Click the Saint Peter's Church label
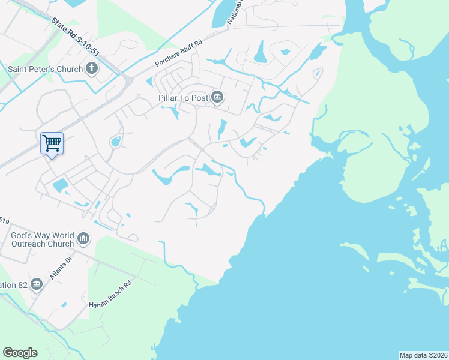45,69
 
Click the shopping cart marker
52,143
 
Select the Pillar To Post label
184,97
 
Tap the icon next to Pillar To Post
217,97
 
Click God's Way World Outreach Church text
42,240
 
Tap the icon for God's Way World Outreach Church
83,239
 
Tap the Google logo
20,353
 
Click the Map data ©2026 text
423,355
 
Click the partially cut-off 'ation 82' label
13,284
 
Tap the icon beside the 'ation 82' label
37,284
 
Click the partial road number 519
4,220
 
